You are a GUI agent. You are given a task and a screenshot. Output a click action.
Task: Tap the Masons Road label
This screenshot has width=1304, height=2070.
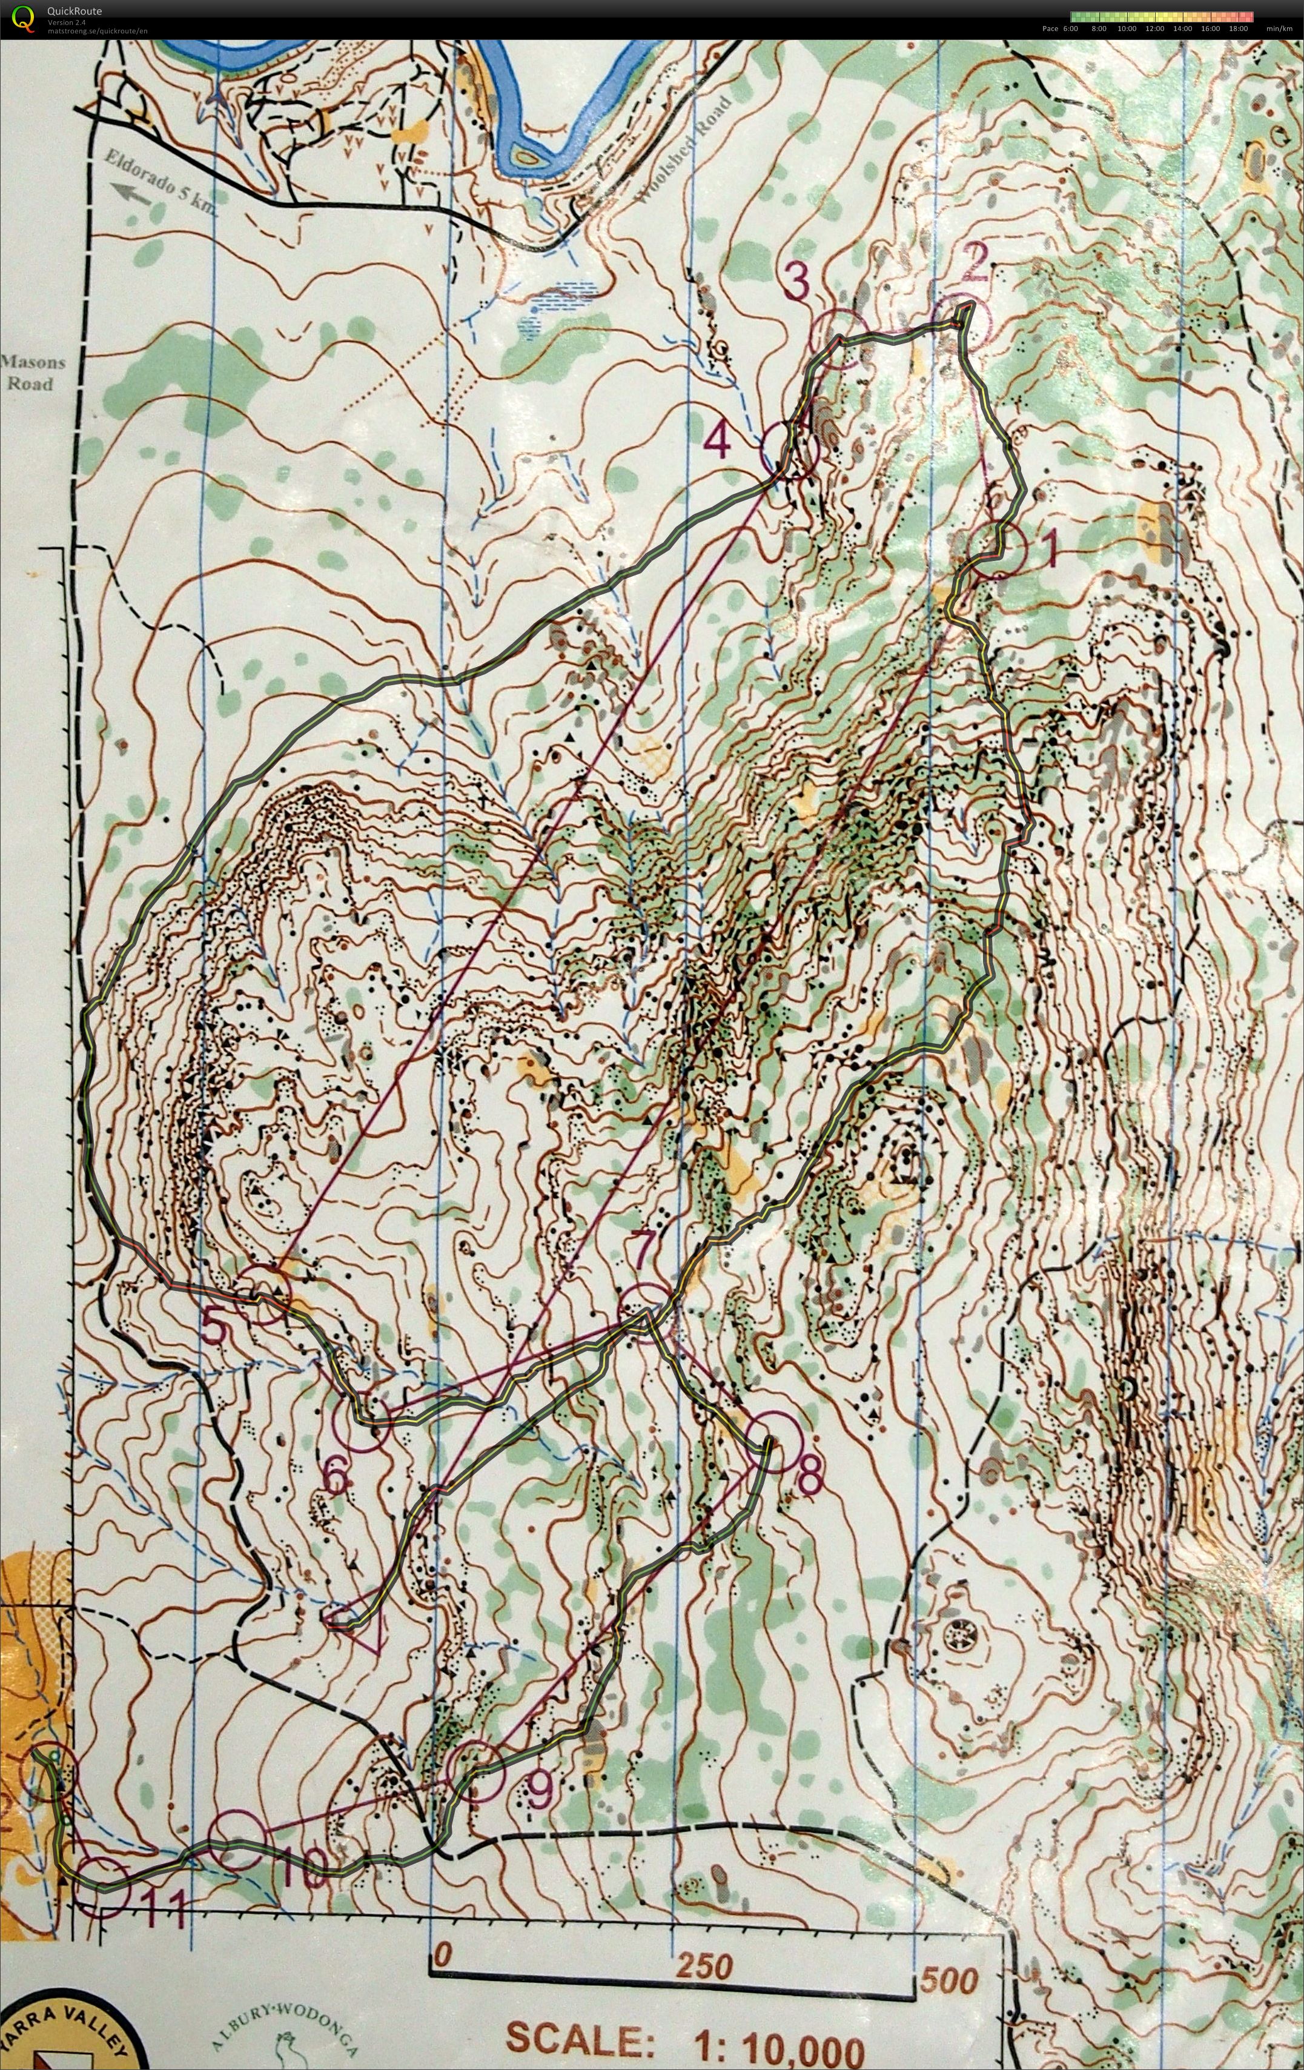(32, 373)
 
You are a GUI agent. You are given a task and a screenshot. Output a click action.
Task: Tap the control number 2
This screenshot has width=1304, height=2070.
(975, 263)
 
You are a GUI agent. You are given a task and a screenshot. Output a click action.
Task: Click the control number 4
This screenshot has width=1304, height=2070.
(718, 442)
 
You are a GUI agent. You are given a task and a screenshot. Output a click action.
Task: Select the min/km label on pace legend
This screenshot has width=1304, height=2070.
(1279, 28)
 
